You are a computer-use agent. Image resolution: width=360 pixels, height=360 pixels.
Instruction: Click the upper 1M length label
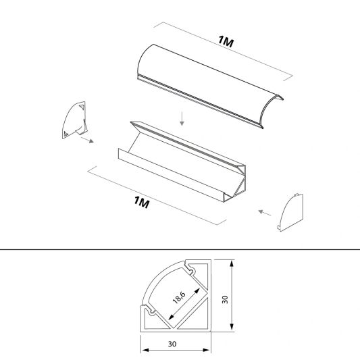tap(226, 41)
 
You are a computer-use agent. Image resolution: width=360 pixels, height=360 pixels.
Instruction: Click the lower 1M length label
tap(142, 202)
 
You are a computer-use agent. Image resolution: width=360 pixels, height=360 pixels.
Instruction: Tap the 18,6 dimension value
tap(179, 297)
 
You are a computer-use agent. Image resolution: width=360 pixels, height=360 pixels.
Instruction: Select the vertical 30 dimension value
tap(225, 299)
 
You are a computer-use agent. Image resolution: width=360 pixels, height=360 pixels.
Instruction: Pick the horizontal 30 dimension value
tap(172, 344)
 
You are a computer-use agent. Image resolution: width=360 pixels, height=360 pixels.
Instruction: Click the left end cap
tap(75, 120)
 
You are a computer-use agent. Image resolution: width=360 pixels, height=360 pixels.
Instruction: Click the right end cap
tap(290, 213)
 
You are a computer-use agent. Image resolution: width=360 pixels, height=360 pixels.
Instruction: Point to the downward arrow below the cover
tap(182, 119)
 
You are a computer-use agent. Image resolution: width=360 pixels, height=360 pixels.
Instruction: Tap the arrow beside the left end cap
tap(87, 140)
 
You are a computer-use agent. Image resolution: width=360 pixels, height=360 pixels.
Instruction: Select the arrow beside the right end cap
tap(265, 213)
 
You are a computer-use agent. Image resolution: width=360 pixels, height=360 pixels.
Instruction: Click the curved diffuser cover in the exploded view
tap(210, 86)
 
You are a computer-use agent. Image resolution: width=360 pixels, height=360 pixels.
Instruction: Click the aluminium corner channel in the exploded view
tap(182, 162)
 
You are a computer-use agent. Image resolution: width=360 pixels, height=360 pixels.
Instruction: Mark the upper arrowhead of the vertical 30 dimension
tap(232, 263)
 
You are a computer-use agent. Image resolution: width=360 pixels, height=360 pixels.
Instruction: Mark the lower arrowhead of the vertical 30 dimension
tap(232, 327)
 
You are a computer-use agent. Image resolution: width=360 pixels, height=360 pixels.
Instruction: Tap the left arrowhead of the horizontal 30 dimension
tap(145, 350)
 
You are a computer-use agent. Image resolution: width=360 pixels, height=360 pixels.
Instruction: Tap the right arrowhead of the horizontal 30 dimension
tap(207, 350)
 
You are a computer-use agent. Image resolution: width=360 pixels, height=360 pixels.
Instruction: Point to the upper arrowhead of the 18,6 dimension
tap(197, 291)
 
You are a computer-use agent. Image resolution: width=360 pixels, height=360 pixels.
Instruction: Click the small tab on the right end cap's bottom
tap(278, 228)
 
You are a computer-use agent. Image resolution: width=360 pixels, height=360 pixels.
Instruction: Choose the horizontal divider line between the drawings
tap(180, 249)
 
